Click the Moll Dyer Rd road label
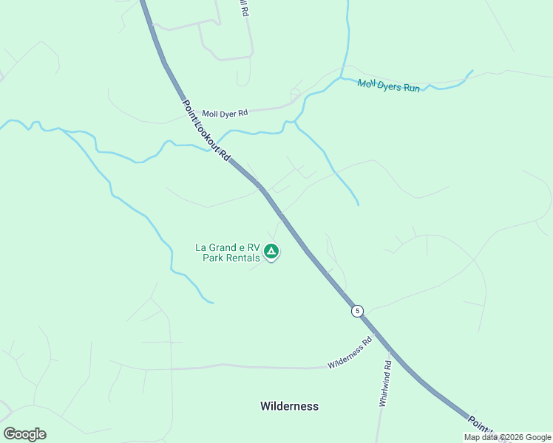click(x=225, y=112)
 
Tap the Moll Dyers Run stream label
click(x=389, y=86)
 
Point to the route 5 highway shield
click(x=358, y=311)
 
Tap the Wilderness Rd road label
click(x=350, y=354)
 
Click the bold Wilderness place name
click(x=289, y=406)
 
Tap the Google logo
click(x=24, y=433)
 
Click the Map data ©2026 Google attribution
click(x=507, y=437)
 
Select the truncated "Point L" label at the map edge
click(x=480, y=425)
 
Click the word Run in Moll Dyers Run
click(x=411, y=89)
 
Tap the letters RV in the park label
click(x=254, y=247)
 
